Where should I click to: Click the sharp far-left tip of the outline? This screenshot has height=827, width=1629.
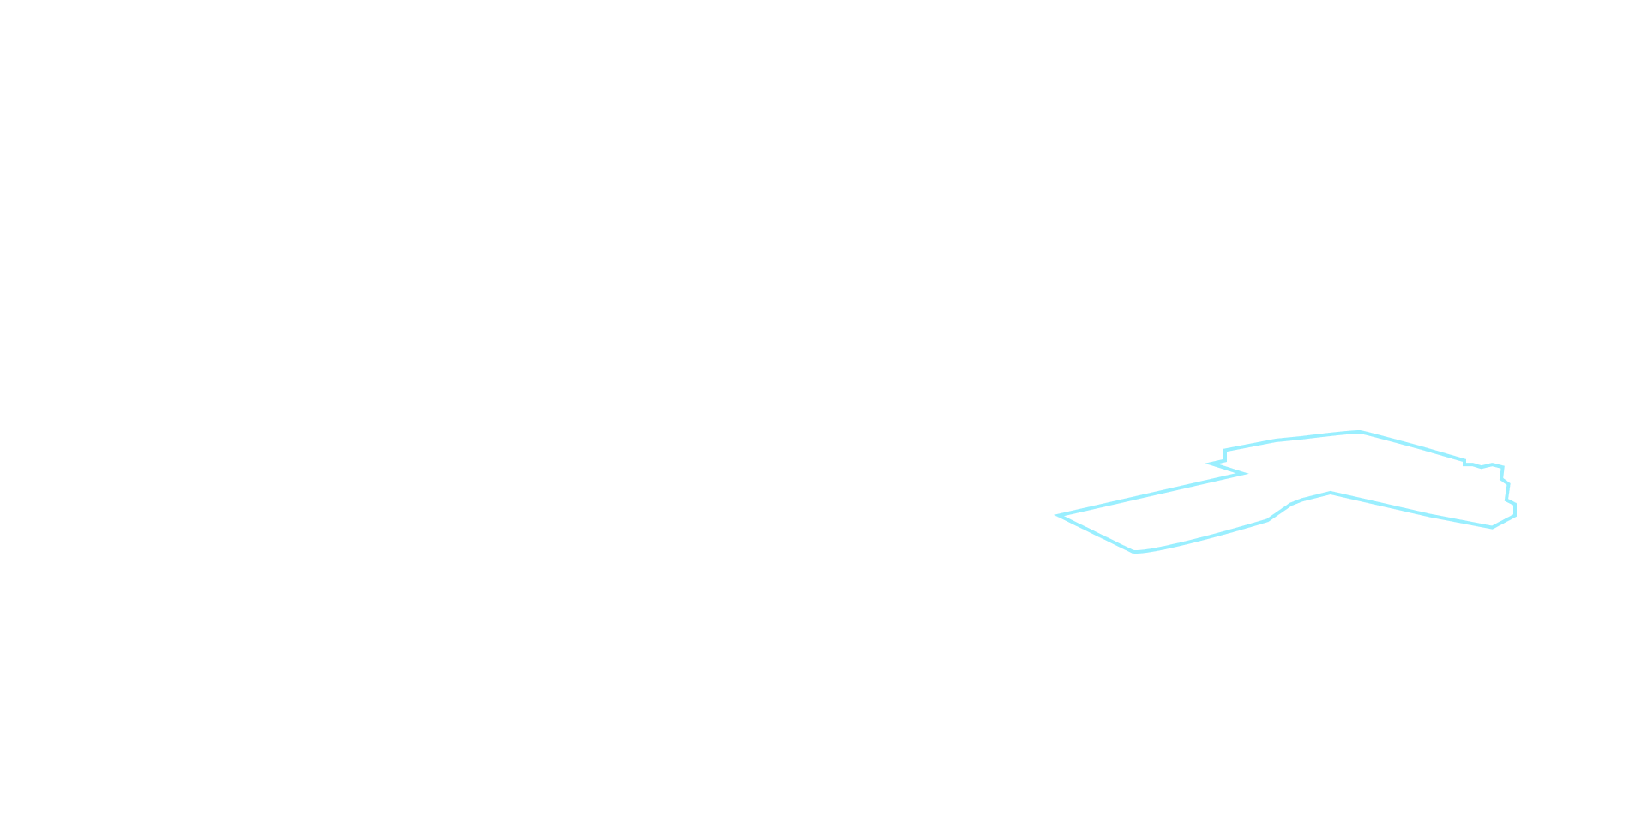click(1058, 516)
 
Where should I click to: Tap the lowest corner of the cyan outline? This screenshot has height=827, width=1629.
click(1134, 551)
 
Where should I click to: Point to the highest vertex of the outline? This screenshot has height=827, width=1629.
click(1360, 432)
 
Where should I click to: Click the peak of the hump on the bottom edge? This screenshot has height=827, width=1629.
click(1331, 493)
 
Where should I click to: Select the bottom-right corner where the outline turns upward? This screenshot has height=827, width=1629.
click(1493, 527)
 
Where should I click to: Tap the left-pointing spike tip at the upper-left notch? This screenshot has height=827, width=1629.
click(1209, 464)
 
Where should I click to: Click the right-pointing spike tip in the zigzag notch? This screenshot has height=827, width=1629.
click(1245, 473)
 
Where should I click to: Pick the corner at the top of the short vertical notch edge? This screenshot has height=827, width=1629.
click(1226, 450)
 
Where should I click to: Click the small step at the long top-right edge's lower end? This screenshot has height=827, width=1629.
click(1464, 464)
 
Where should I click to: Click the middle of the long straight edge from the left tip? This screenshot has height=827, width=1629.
click(1151, 494)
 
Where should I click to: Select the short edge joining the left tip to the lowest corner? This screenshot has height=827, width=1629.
click(1096, 534)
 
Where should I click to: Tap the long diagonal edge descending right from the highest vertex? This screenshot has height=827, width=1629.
click(1412, 446)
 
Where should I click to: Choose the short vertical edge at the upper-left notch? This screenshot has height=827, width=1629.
click(1226, 456)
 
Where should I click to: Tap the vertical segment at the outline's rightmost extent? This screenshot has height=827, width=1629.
click(1515, 510)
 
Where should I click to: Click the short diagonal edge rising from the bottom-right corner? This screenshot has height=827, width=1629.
click(1504, 521)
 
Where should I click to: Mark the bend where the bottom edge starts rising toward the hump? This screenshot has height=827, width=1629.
click(1267, 520)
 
